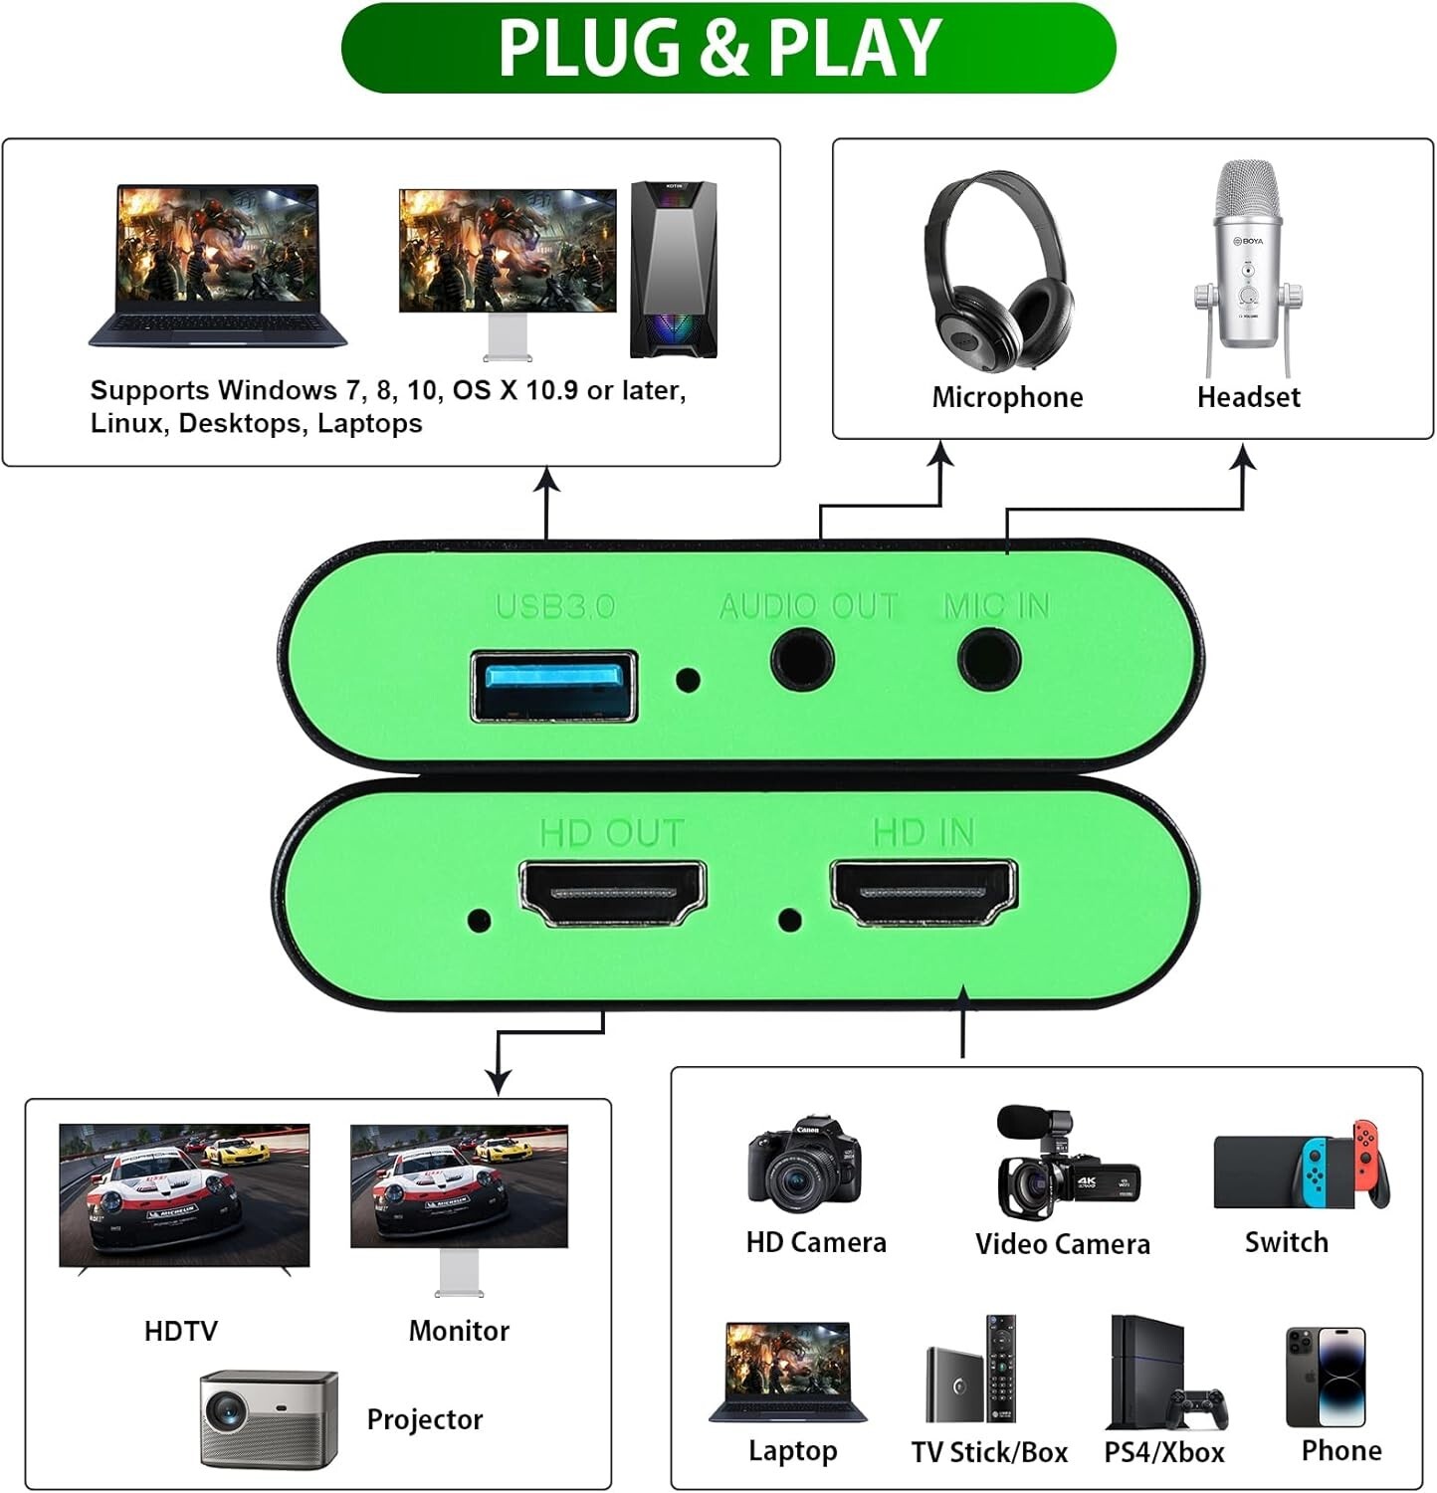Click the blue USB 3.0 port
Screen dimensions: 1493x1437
(x=553, y=685)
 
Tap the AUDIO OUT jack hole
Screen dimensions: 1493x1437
(x=802, y=659)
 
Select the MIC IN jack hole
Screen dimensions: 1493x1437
(x=989, y=659)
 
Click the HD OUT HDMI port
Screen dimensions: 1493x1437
(x=613, y=893)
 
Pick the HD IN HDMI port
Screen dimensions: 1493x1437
(x=924, y=891)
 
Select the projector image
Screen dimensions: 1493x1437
(x=269, y=1417)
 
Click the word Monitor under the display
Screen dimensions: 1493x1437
(x=459, y=1331)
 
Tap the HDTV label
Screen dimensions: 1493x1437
(x=180, y=1331)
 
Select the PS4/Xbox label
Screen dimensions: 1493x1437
(x=1163, y=1452)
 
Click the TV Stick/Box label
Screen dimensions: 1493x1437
(x=989, y=1452)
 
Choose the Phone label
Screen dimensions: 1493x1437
(x=1340, y=1450)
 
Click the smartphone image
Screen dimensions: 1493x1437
(x=1326, y=1377)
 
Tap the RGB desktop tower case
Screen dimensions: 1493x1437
(x=674, y=269)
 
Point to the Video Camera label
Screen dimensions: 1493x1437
(x=1062, y=1243)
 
